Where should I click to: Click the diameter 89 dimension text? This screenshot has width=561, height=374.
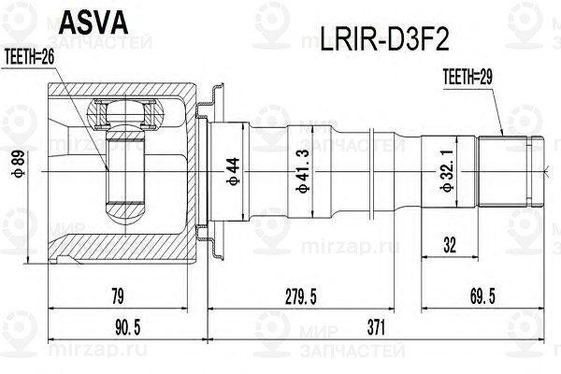coord(20,172)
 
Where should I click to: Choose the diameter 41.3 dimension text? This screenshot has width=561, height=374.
coord(302,172)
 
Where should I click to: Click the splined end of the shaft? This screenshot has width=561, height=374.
coord(510,172)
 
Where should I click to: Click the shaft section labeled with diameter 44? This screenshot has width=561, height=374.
coord(246,172)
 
